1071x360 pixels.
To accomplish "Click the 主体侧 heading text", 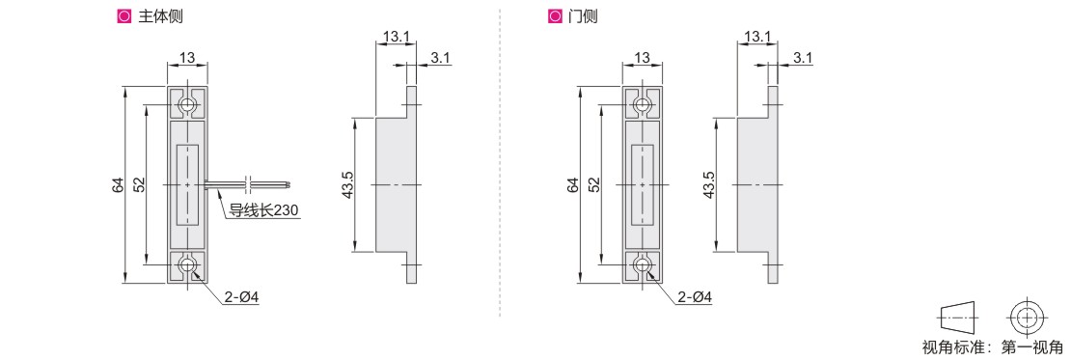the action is coord(160,16).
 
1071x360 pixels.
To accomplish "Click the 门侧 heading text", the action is coord(583,16).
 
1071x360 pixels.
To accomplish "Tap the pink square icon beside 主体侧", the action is coord(124,16).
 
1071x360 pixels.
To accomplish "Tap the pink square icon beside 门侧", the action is coord(554,16).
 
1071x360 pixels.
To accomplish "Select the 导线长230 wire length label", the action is coord(263,210).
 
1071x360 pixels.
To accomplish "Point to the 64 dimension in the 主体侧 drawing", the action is coord(118,185).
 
